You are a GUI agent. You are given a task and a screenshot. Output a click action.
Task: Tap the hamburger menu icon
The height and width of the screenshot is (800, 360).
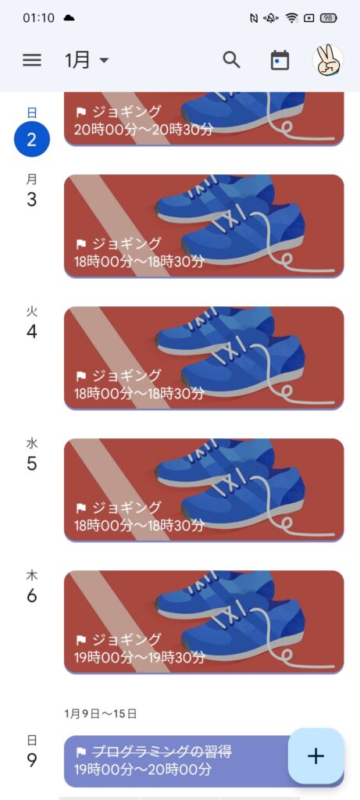[31, 60]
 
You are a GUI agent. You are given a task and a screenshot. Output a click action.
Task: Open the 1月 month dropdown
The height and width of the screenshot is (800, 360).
[86, 60]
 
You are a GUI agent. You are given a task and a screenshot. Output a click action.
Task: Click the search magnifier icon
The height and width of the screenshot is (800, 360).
[231, 59]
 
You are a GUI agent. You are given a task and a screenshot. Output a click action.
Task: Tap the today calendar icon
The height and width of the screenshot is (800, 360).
[280, 60]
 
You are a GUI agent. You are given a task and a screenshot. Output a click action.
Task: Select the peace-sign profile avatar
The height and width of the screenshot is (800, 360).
[328, 60]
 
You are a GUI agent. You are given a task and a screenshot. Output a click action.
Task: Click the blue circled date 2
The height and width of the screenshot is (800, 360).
[31, 139]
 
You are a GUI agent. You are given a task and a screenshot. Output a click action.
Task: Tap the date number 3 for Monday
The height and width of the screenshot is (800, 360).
[31, 199]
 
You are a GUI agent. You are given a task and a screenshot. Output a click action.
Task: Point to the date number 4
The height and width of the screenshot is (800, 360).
[31, 331]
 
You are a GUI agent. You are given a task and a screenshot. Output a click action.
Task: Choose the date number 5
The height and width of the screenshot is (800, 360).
[31, 463]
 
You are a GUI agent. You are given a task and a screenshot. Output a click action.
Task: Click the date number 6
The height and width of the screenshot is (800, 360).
[31, 595]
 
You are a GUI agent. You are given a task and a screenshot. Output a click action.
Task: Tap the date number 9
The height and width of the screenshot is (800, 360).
[31, 760]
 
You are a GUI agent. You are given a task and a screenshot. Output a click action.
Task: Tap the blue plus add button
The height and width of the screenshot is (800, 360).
[315, 755]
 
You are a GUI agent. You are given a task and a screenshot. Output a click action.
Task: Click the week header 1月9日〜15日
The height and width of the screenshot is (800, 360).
[101, 714]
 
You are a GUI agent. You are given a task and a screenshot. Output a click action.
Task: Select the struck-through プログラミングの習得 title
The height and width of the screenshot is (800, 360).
[162, 752]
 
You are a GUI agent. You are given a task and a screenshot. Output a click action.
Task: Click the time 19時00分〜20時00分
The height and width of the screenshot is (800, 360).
[143, 769]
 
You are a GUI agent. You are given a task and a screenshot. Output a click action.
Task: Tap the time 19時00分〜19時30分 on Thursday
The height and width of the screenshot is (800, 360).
[139, 657]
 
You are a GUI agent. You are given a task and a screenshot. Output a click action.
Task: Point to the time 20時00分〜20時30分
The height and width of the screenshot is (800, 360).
[143, 129]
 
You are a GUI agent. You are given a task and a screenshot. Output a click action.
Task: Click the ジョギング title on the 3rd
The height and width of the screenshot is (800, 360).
[126, 243]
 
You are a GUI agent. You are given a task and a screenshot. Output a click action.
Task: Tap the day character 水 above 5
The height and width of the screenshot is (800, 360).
[31, 443]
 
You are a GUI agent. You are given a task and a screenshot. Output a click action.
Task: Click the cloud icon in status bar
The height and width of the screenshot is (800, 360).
[69, 18]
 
